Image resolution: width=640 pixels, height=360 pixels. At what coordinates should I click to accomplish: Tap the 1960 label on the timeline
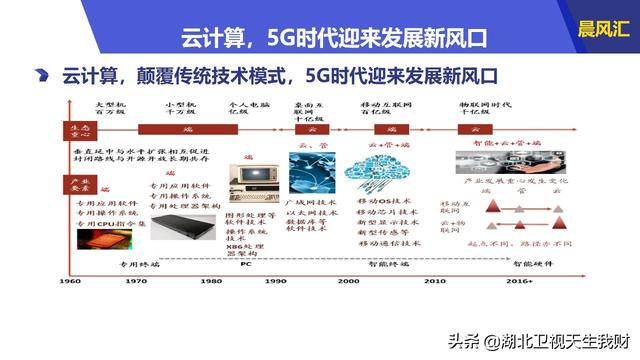click(71, 282)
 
